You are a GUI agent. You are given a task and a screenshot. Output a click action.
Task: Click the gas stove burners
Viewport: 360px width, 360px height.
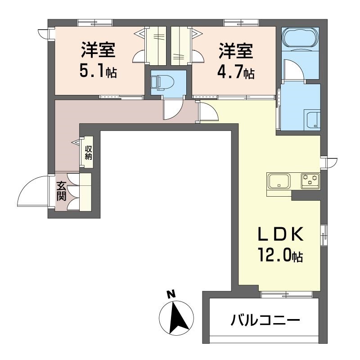pos(310,180)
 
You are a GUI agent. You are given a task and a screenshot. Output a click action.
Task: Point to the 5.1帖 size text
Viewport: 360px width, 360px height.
pos(98,71)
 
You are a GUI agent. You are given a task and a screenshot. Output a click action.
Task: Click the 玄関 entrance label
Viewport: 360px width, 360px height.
pos(61,191)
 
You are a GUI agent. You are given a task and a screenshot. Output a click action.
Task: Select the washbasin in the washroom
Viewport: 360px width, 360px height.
pos(311,119)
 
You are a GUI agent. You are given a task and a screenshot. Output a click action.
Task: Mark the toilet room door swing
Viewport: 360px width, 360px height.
pos(173,110)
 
